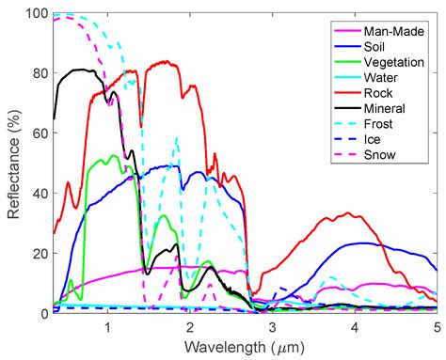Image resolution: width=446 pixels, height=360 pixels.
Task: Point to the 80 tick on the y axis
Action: coord(40,73)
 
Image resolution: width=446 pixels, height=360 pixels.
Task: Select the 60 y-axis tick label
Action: coord(40,133)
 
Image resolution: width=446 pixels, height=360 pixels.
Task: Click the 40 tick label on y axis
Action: coord(40,194)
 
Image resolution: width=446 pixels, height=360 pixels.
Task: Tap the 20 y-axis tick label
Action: coord(40,254)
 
